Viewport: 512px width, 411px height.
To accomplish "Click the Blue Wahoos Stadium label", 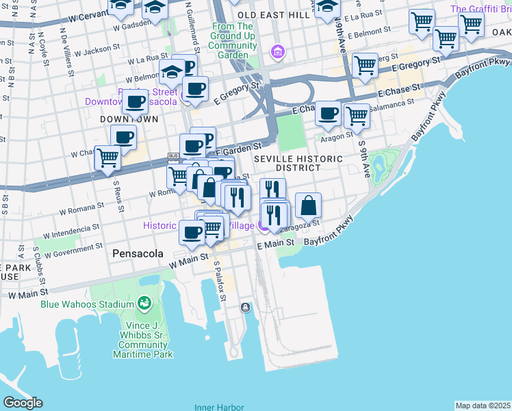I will [86, 304].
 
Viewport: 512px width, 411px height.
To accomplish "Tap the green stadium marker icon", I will [144, 302].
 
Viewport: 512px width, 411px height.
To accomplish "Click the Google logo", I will [23, 403].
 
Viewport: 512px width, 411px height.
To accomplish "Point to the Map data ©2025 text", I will [483, 406].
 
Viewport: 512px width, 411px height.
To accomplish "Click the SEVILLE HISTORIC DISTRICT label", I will [298, 163].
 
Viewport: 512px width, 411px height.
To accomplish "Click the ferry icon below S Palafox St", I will [245, 308].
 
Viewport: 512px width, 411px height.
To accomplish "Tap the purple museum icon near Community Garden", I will [277, 51].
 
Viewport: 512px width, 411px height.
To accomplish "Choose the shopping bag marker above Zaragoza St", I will [309, 205].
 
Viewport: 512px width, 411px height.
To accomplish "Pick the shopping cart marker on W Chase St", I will [108, 158].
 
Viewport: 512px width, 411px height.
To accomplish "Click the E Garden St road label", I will [239, 147].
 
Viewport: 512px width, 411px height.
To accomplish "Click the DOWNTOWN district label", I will [119, 119].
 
